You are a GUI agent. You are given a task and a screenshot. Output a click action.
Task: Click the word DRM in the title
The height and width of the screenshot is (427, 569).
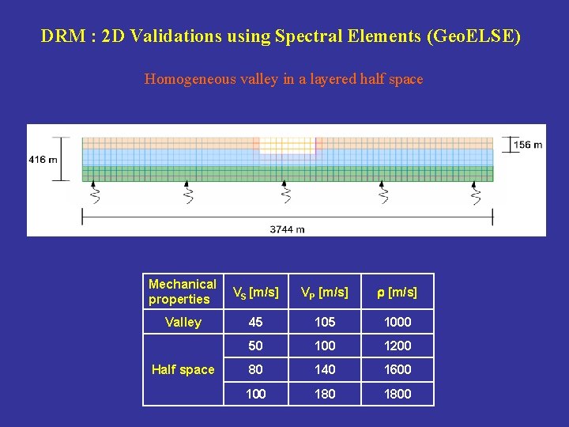click(58, 36)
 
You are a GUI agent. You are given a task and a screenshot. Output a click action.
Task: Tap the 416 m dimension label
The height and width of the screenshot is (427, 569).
click(43, 160)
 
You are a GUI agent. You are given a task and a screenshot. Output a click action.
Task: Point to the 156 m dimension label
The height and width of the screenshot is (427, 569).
click(527, 145)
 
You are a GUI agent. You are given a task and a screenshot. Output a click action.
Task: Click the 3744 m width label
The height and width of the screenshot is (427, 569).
click(287, 229)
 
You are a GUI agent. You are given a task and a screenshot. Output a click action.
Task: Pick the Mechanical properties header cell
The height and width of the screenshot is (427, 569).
click(183, 291)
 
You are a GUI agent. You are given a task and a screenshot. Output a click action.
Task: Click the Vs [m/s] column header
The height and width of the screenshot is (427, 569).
click(255, 292)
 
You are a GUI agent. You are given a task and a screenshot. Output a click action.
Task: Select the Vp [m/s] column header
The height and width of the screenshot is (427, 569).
click(324, 292)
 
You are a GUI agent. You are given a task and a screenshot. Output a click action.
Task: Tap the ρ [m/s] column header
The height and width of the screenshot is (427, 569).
click(397, 292)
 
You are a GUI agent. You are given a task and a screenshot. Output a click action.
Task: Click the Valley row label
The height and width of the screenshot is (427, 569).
click(183, 322)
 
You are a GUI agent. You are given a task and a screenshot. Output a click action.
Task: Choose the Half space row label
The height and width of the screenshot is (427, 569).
click(183, 369)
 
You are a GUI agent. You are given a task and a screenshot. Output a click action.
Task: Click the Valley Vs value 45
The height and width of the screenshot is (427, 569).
click(255, 322)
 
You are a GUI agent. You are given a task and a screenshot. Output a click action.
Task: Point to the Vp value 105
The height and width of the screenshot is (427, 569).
click(324, 322)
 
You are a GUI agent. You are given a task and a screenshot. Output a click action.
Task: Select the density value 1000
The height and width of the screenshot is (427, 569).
click(397, 322)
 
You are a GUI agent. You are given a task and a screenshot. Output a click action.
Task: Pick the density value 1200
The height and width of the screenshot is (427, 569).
click(397, 346)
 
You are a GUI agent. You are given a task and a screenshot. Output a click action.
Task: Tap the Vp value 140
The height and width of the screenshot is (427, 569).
click(324, 369)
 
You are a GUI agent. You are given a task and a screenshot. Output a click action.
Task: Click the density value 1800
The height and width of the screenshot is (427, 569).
click(397, 393)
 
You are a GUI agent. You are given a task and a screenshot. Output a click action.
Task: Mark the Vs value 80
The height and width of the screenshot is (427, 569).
click(255, 369)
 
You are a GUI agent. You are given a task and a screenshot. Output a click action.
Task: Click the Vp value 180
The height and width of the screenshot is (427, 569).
click(324, 393)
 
